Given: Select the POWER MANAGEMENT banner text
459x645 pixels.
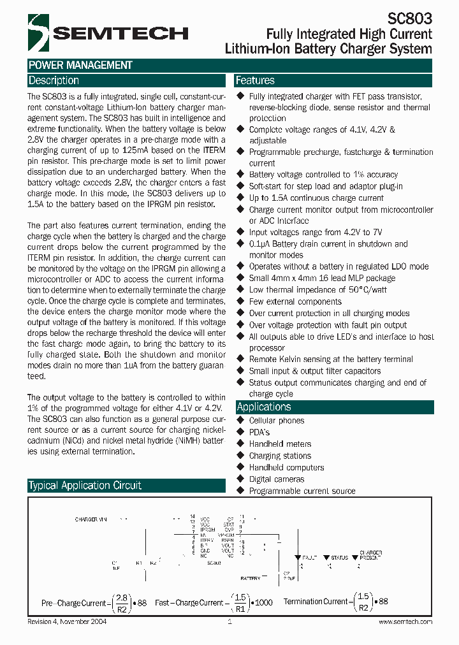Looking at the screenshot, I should (80, 65).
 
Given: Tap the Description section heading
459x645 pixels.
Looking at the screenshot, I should (54, 81).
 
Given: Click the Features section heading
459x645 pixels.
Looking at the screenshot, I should (255, 81).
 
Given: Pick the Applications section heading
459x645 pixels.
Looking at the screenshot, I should (263, 407).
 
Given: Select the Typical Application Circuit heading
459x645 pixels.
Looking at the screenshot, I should (85, 486).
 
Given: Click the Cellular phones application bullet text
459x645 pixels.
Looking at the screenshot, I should (276, 421).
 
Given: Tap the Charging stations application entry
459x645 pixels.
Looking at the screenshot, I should (280, 456).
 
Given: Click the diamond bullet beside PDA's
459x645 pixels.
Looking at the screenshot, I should (240, 432).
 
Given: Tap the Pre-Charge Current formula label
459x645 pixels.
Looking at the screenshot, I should (74, 602).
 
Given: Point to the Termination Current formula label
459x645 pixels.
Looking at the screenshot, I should (316, 602).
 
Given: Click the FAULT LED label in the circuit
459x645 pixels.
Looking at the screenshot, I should (309, 558).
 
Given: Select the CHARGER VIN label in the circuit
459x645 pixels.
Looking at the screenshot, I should (91, 519).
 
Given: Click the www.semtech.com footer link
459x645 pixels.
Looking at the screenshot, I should (405, 621).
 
